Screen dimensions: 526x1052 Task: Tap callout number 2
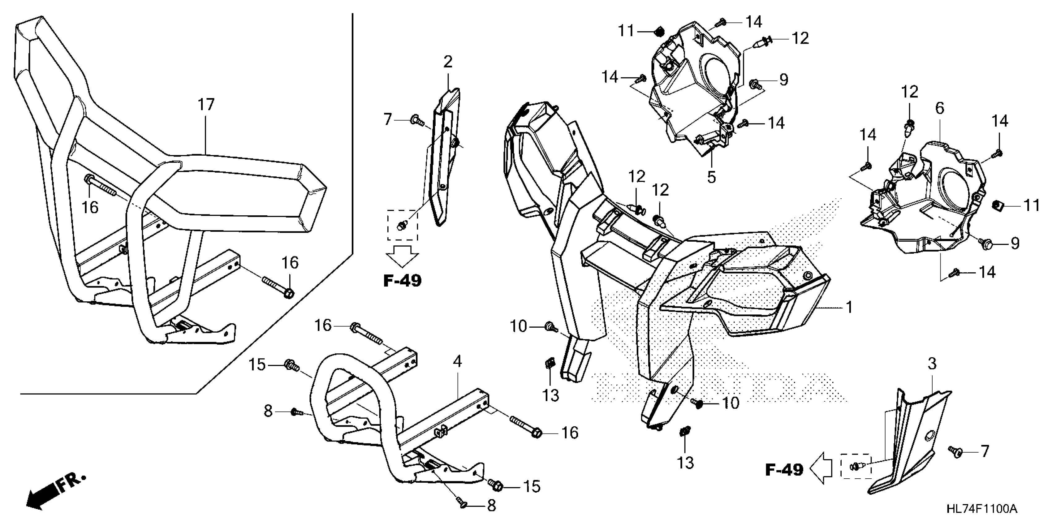[448, 62]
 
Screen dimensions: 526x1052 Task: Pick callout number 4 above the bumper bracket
[457, 361]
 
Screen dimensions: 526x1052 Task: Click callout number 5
[711, 177]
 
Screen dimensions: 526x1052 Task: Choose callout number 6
[940, 108]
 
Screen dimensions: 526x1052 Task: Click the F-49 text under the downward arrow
[402, 281]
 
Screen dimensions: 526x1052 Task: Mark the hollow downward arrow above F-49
[402, 257]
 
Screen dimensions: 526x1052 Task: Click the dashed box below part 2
[402, 225]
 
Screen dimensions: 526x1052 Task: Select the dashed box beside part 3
[856, 466]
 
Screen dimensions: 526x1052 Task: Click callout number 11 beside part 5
[626, 31]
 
